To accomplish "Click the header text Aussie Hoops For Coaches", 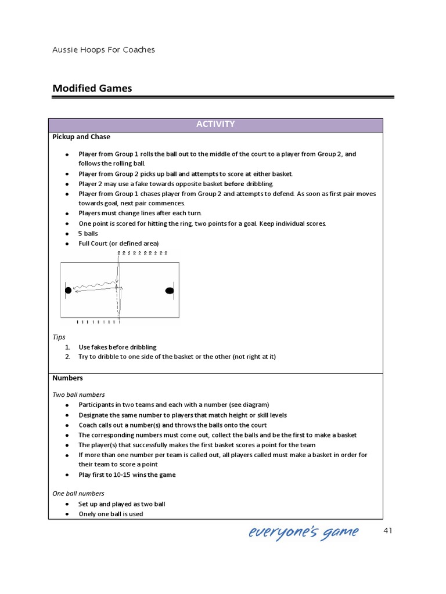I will tap(104, 50).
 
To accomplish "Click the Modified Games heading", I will tap(92, 88).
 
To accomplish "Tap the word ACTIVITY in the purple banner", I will tap(215, 124).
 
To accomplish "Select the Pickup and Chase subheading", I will tap(81, 137).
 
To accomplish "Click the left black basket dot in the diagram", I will tap(68, 290).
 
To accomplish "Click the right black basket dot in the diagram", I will tap(170, 290).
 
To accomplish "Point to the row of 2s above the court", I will tap(142, 253).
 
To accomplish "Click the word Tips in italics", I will tap(59, 337).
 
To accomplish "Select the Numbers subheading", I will tap(68, 378).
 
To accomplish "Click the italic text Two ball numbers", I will tap(78, 394).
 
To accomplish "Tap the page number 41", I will tap(389, 531).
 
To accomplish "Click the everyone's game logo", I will tap(304, 532).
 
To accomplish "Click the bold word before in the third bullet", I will tap(234, 184).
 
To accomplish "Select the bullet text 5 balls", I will tap(88, 233).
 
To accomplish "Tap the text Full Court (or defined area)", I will tap(118, 243).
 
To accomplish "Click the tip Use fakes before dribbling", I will tap(117, 347).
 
